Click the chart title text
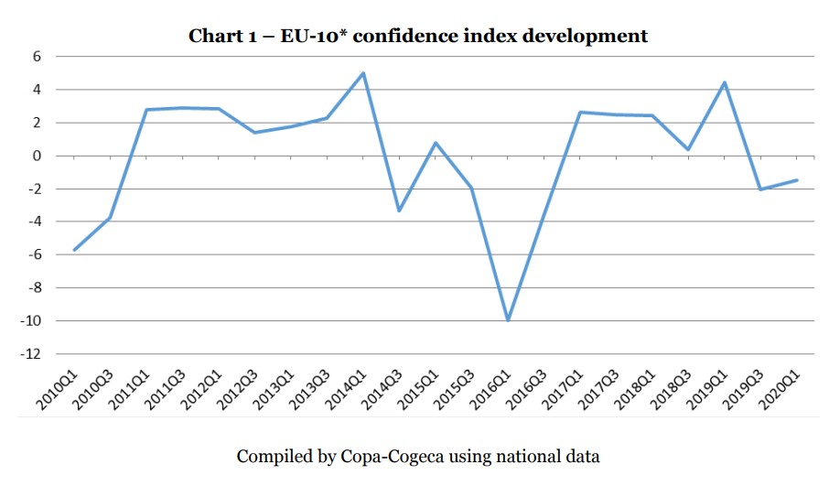click(418, 37)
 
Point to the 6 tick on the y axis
click(38, 57)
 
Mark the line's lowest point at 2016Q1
click(508, 320)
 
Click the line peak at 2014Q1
click(363, 73)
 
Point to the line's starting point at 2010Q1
click(74, 250)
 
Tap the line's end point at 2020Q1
click(797, 179)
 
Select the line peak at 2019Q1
click(725, 82)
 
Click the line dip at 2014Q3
click(399, 211)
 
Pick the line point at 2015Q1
click(436, 143)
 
